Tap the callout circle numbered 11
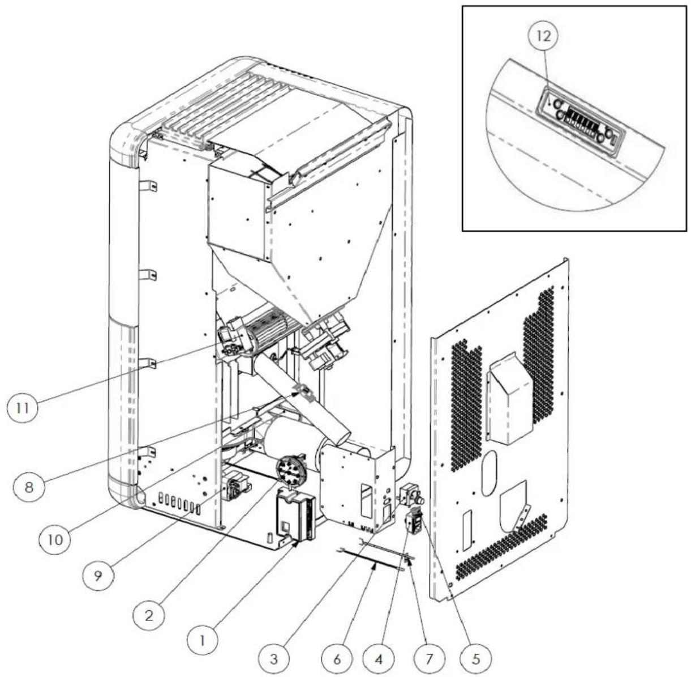22,408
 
